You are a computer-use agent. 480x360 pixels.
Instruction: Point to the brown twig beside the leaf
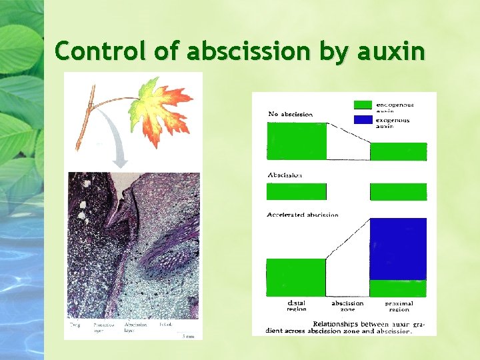[x=85, y=123]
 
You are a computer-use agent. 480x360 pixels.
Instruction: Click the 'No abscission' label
[x=290, y=114]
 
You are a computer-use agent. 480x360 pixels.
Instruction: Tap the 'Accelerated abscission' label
[x=302, y=215]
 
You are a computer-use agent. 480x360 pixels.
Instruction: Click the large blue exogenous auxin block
[x=398, y=249]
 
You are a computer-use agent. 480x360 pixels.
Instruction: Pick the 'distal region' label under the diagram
[x=296, y=306]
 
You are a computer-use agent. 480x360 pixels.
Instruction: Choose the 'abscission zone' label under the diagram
[x=347, y=306]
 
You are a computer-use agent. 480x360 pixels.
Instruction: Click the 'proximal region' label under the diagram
[x=399, y=306]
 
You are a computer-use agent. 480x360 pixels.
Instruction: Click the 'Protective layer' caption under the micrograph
[x=103, y=327]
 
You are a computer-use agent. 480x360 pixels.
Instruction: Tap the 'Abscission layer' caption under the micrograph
[x=135, y=327]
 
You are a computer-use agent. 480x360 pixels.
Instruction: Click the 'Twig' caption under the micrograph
[x=75, y=325]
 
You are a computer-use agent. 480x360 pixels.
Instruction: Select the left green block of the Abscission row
[x=296, y=192]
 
